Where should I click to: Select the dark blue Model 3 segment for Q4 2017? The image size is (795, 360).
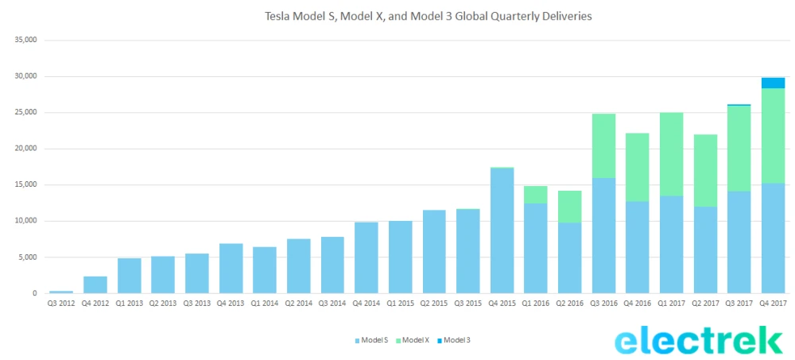click(773, 83)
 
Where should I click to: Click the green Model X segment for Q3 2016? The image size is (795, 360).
click(603, 145)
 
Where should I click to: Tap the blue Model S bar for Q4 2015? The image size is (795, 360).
click(502, 230)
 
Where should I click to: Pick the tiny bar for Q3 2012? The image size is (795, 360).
click(61, 292)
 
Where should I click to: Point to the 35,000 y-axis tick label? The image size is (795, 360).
click(25, 41)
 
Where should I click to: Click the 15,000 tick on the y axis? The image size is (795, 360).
click(25, 185)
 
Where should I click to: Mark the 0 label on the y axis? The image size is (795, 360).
click(33, 293)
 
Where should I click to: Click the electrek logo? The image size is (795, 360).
click(699, 340)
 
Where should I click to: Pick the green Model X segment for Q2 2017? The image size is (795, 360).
click(705, 170)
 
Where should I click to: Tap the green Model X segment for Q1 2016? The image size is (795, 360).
click(536, 195)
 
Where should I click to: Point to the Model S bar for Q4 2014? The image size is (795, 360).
click(366, 257)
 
